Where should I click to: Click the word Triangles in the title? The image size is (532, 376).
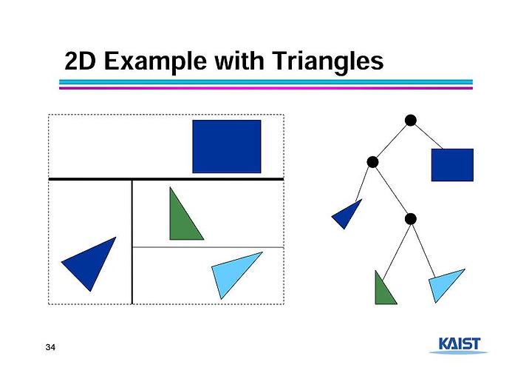(x=327, y=61)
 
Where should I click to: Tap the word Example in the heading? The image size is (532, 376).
(x=155, y=62)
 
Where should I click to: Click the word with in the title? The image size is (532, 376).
(x=239, y=61)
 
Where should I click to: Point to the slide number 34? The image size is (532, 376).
(x=50, y=347)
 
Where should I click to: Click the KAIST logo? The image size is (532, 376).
(x=459, y=345)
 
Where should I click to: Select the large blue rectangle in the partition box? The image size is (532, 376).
(x=227, y=147)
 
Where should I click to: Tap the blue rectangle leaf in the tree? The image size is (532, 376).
(x=452, y=165)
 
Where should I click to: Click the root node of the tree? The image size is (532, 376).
(x=411, y=121)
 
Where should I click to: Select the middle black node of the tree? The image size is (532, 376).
(x=372, y=162)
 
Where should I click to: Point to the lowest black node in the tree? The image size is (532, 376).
(x=411, y=219)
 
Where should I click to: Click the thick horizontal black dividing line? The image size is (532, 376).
(x=166, y=179)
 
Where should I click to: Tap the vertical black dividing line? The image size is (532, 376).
(x=132, y=242)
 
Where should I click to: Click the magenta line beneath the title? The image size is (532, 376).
(x=266, y=88)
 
